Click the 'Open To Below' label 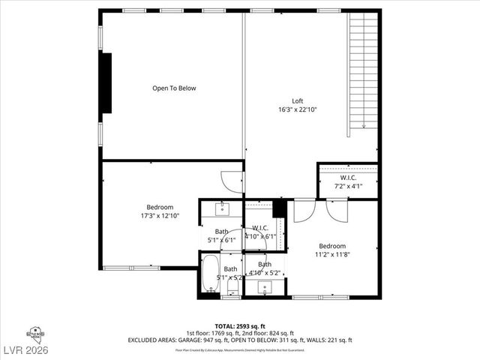pos(174,88)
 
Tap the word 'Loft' pos(298,101)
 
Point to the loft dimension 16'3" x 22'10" pos(298,109)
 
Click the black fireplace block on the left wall pos(106,82)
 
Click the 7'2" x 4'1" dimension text pos(348,186)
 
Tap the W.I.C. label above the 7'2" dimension pos(348,178)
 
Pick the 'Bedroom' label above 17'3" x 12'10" pos(159,207)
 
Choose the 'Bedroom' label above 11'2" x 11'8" pos(332,246)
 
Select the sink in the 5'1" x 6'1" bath pos(221,208)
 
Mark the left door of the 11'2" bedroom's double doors pos(304,211)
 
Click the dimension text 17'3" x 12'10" pos(159,216)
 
